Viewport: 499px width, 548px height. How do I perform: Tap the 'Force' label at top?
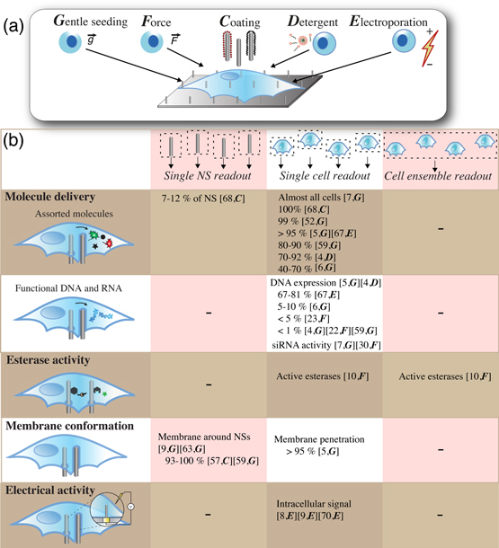(x=161, y=19)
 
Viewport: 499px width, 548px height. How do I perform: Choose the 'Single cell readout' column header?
(x=325, y=179)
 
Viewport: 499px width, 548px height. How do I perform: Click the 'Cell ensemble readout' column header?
(x=440, y=179)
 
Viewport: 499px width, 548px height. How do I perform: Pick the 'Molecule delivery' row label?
(x=55, y=195)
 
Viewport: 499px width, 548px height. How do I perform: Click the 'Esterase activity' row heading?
(x=53, y=365)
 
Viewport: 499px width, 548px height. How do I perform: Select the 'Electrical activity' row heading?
(x=57, y=490)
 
